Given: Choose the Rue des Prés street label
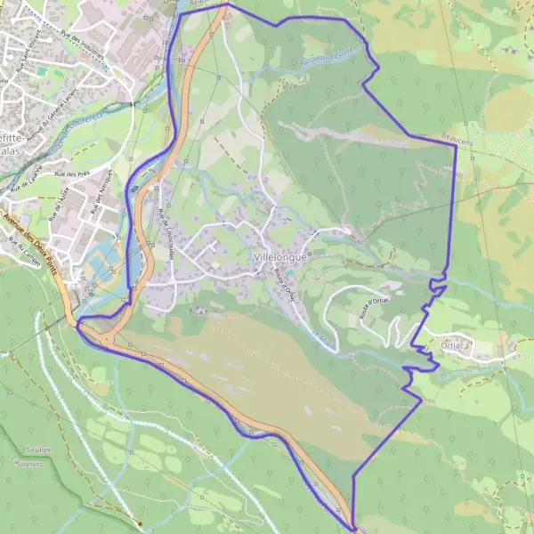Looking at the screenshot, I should (68, 174).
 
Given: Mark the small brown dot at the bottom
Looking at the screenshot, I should (140, 523).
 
